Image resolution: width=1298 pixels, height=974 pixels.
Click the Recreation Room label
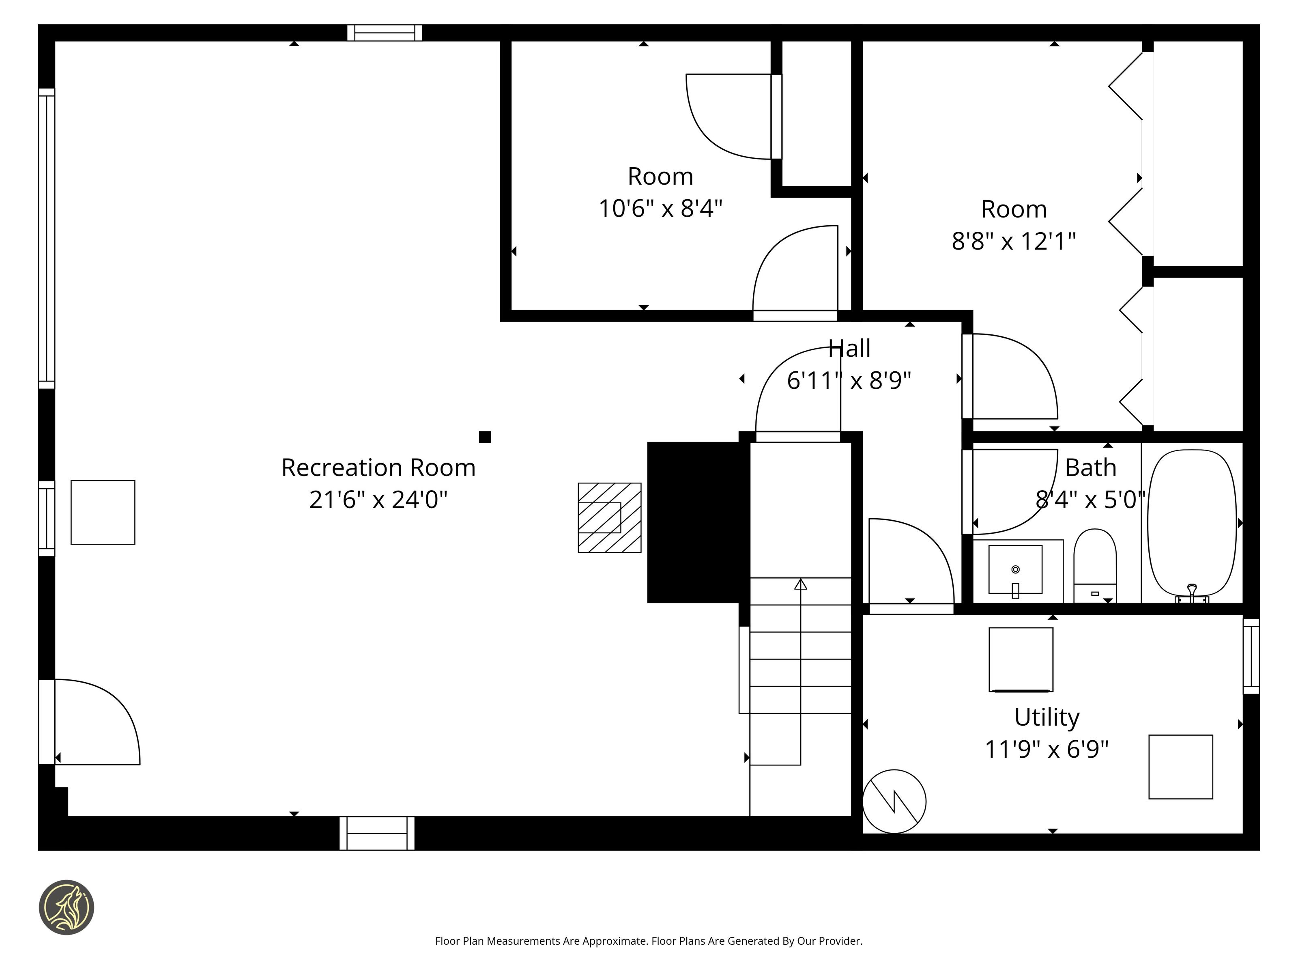pyautogui.click(x=378, y=468)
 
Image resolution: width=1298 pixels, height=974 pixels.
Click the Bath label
pyautogui.click(x=1090, y=468)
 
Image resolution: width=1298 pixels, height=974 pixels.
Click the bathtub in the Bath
pyautogui.click(x=1192, y=524)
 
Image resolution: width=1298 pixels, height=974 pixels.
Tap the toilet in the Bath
pyautogui.click(x=1095, y=565)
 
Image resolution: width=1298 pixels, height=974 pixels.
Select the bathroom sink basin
pyautogui.click(x=1015, y=569)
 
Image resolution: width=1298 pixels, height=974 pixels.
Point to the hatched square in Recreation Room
pyautogui.click(x=610, y=518)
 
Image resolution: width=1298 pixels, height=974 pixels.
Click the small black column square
pyautogui.click(x=485, y=437)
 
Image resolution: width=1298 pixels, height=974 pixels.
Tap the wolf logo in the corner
pyautogui.click(x=66, y=907)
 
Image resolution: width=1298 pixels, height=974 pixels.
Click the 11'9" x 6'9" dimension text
pyautogui.click(x=1047, y=750)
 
